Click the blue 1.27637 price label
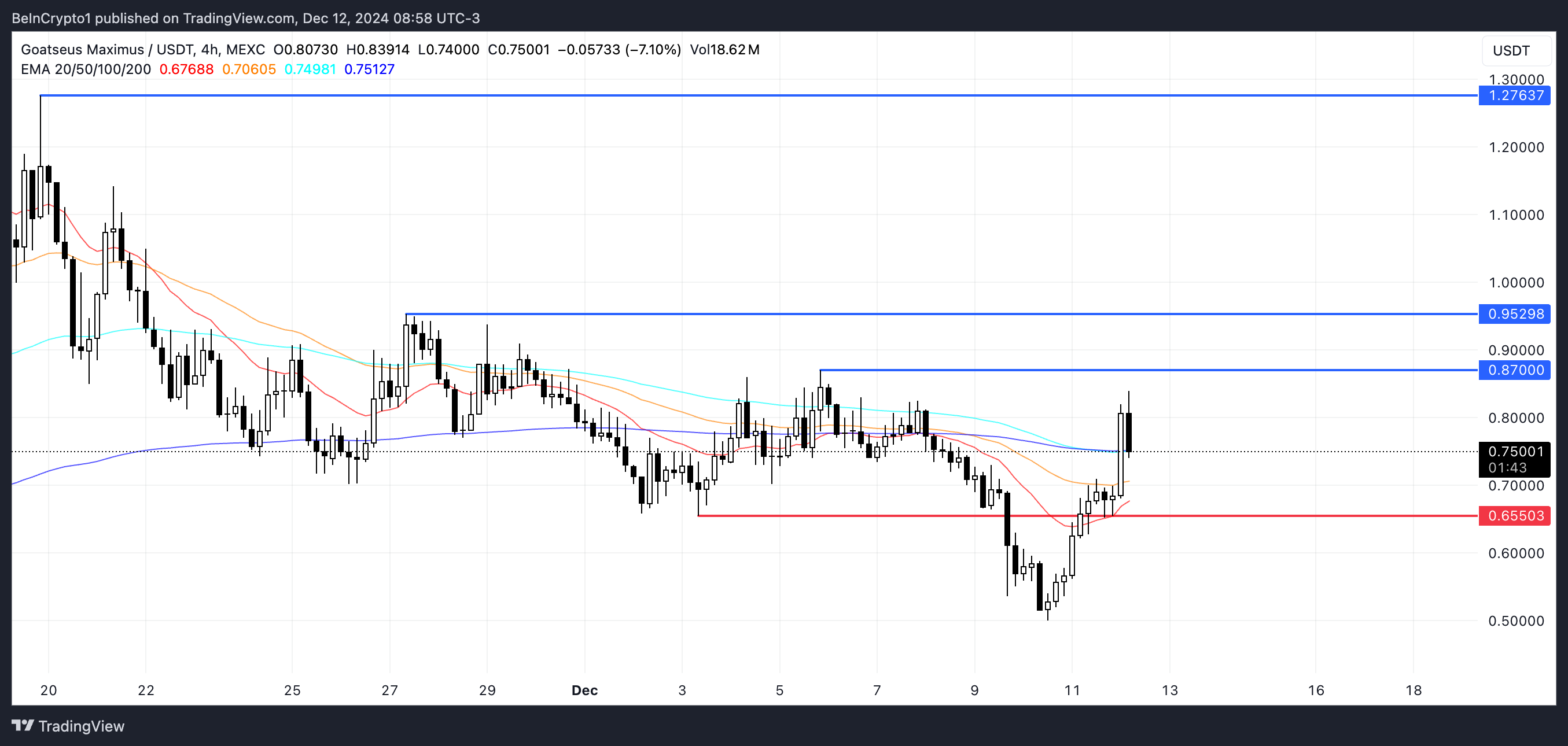click(1514, 95)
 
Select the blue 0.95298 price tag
click(1514, 314)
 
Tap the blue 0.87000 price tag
click(1514, 370)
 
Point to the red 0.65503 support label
click(1514, 516)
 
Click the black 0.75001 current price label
click(1514, 452)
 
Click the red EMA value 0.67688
click(186, 69)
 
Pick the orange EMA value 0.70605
click(249, 69)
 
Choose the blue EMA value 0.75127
click(369, 69)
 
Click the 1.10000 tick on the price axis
click(1516, 215)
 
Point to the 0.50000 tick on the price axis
click(1516, 621)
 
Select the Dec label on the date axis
click(584, 690)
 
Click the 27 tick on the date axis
click(389, 690)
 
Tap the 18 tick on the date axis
click(1414, 690)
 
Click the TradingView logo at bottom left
click(68, 726)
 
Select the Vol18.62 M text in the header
click(724, 50)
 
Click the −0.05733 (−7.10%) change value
click(619, 50)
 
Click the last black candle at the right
click(1128, 432)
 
